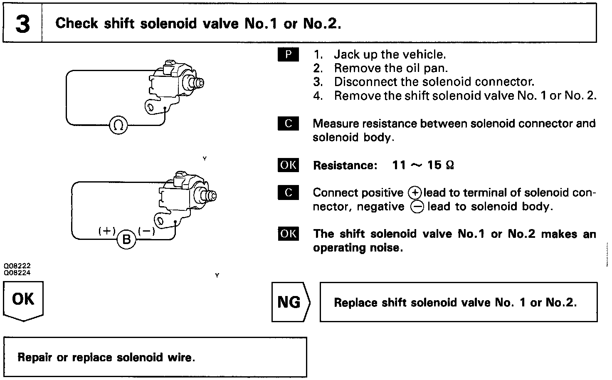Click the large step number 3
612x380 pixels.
(x=22, y=24)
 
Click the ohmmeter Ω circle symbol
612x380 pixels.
(x=118, y=124)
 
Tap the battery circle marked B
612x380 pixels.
(x=126, y=239)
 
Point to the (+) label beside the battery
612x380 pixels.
(x=107, y=231)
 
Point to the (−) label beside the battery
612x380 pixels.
(x=146, y=231)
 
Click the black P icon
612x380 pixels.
(x=288, y=54)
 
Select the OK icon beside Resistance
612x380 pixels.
(x=288, y=165)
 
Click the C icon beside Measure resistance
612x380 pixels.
(x=288, y=123)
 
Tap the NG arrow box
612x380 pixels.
(x=290, y=302)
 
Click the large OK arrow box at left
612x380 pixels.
(x=23, y=300)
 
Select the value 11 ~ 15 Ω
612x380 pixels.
(x=423, y=165)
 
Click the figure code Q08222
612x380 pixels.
(x=17, y=265)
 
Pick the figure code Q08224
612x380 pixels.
(x=17, y=273)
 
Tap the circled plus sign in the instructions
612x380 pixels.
(x=415, y=193)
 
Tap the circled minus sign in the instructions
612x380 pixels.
(x=417, y=207)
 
